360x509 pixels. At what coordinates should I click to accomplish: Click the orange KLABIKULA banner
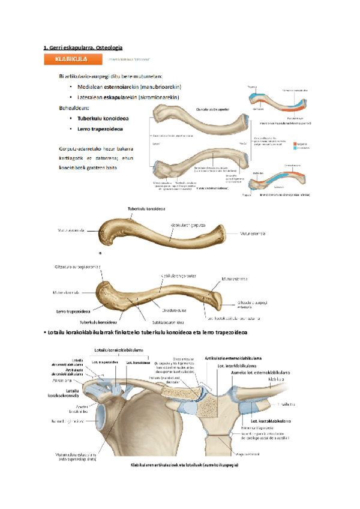pos(71,59)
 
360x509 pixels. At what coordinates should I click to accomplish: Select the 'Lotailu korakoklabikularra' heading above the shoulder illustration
pos(118,350)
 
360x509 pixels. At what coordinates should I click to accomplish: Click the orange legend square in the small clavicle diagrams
pos(295,143)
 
